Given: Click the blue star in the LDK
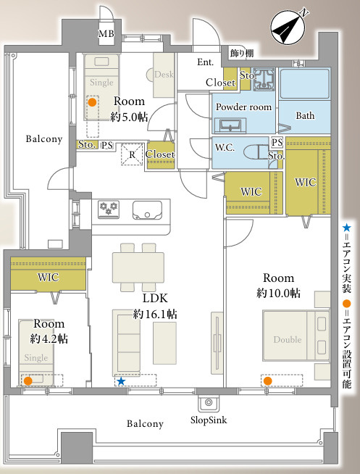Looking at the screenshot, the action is point(121,381).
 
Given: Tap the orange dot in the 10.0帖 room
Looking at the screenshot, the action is point(267,381).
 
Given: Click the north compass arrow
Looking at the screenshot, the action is point(288,28).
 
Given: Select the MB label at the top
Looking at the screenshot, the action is point(106,33).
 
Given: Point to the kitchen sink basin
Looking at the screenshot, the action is point(147,210).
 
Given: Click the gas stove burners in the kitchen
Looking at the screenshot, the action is point(109,209).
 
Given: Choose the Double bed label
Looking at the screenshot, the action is point(288,339).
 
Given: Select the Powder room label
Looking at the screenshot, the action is point(243,107).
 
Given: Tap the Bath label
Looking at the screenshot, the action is point(305,115).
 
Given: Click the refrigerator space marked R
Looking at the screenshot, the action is point(132,154).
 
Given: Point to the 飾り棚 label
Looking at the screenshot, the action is point(242,53).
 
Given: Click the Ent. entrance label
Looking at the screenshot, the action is point(205,62).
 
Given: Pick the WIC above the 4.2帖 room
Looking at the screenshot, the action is point(48,277).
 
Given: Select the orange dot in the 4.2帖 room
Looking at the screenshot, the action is point(28,381).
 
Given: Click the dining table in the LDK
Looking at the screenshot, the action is point(138,267).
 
